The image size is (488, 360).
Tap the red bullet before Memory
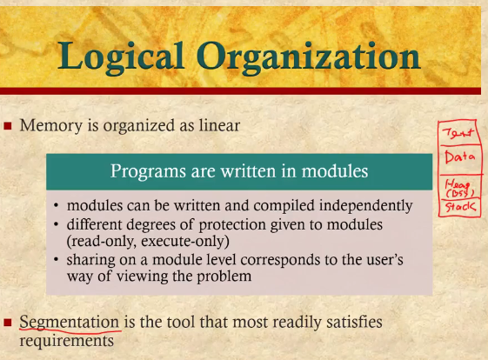click(8, 126)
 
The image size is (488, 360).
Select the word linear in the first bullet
click(219, 125)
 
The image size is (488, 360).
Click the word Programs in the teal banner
click(149, 171)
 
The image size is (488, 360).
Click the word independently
click(366, 206)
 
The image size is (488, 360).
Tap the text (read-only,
click(101, 242)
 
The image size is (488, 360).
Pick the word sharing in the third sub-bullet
click(90, 260)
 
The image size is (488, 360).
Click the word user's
click(383, 259)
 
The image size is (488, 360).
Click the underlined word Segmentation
click(70, 322)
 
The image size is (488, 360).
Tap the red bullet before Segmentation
click(8, 323)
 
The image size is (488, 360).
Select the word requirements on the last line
click(67, 341)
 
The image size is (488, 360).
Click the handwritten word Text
click(458, 133)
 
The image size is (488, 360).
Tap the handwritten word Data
click(460, 157)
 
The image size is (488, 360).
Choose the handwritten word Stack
click(460, 207)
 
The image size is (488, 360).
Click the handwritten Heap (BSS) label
click(459, 189)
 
